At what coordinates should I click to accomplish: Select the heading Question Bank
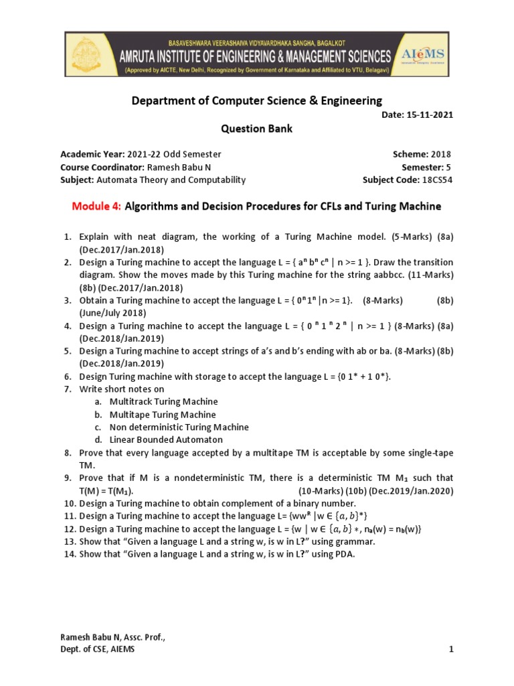pos(256,129)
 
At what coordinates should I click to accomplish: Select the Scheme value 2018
pos(440,154)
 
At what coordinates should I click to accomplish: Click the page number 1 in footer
pos(451,649)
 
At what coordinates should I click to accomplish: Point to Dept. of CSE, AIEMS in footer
pos(98,649)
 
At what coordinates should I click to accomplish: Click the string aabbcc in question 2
pos(366,275)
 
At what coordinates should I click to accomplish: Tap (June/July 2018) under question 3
pos(112,313)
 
